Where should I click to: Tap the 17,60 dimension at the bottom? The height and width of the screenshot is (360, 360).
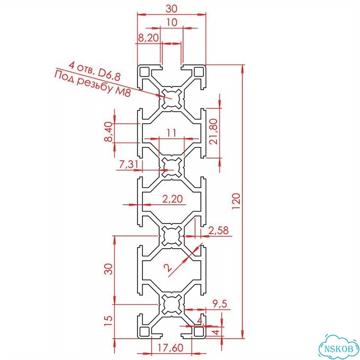[x=170, y=348]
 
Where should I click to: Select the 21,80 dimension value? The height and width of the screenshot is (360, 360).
[x=214, y=131]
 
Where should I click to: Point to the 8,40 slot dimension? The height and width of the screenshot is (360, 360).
[x=109, y=132]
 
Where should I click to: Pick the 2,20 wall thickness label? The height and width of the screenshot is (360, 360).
[x=172, y=199]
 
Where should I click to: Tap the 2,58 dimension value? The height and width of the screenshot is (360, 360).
[x=218, y=231]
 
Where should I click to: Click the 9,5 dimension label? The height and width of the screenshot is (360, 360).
[x=220, y=304]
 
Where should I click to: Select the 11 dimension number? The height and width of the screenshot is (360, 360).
[x=171, y=132]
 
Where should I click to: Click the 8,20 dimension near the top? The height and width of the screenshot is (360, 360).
[x=148, y=37]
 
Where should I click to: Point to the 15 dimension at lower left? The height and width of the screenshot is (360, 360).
[x=109, y=321]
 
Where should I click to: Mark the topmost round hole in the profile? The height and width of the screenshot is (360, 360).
[x=171, y=99]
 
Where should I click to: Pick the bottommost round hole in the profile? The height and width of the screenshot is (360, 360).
[x=171, y=304]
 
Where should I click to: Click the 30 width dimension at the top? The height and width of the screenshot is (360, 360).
[x=171, y=9]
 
